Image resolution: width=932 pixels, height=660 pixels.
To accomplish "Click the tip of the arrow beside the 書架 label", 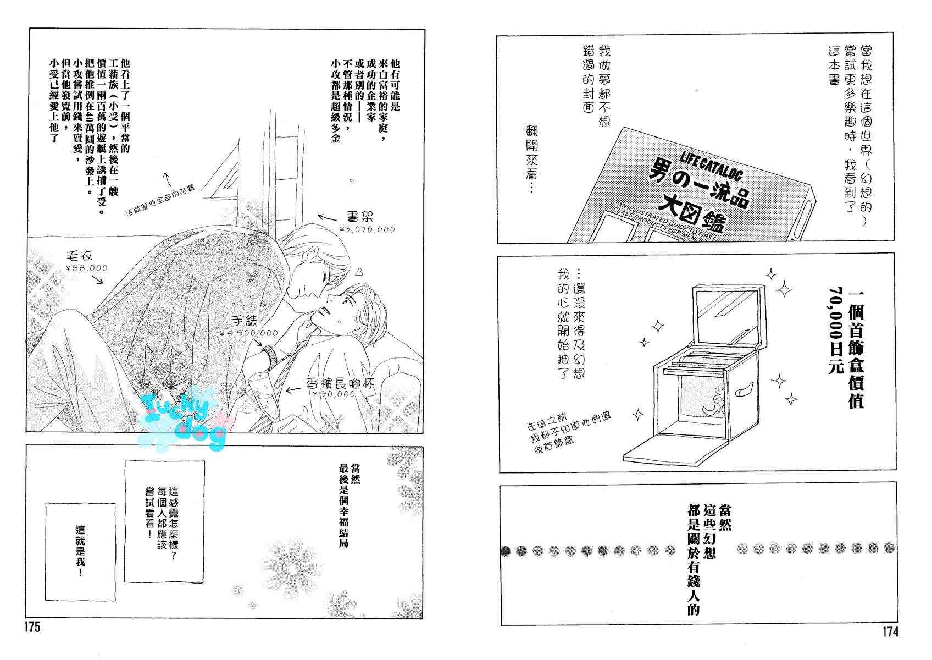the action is (x=319, y=216).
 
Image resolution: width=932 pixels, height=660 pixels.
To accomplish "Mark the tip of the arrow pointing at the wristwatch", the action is (x=263, y=346).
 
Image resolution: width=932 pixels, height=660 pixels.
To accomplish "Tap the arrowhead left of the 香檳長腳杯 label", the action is (x=287, y=390).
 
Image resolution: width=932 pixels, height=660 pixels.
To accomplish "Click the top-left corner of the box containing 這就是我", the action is (x=46, y=503).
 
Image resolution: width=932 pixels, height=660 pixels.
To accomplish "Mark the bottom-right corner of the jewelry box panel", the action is (x=896, y=470).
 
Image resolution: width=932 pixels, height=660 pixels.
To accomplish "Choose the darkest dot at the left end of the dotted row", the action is (x=506, y=551).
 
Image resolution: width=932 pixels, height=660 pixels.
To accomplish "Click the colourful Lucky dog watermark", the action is (x=183, y=421).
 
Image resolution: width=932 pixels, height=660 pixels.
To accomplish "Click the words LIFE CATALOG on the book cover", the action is (x=712, y=165).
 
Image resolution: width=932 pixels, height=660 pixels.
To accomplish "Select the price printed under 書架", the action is (x=368, y=229).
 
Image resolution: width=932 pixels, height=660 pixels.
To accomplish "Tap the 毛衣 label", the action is (x=79, y=255).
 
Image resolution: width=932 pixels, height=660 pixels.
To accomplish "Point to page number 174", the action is (x=890, y=632).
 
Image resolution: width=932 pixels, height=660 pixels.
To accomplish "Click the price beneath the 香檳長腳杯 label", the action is (x=334, y=394).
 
